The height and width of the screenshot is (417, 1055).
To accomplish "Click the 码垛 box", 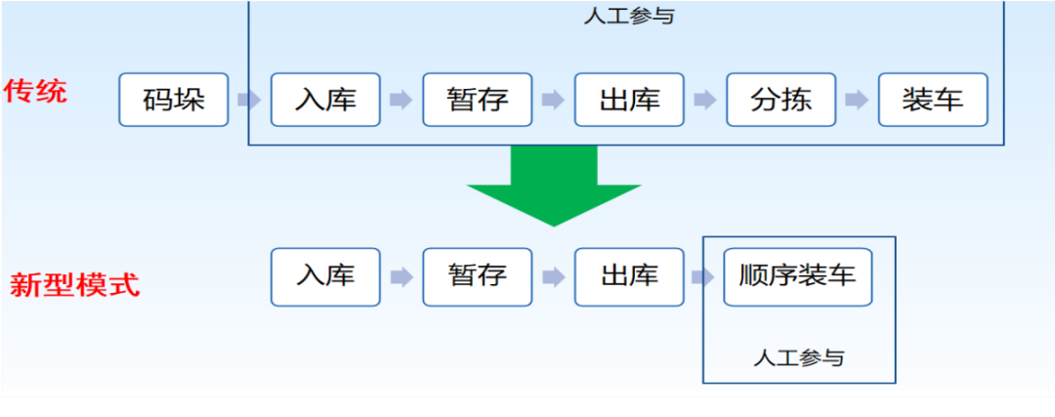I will (174, 100).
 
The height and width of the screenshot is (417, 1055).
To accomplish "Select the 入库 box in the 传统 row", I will (325, 100).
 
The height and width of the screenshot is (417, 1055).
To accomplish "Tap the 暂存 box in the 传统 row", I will (478, 100).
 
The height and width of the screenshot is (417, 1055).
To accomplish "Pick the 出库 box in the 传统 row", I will (629, 100).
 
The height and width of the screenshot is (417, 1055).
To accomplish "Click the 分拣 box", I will (781, 100).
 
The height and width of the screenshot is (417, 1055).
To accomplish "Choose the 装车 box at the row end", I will (933, 100).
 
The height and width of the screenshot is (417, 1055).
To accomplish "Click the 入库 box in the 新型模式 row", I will (325, 276).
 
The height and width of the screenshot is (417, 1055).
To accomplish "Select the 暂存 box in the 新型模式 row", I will (478, 276).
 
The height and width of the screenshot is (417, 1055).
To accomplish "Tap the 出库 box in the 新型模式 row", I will (629, 276).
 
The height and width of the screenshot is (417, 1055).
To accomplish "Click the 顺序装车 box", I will (797, 276).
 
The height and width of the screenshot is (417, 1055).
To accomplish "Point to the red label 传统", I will (36, 93).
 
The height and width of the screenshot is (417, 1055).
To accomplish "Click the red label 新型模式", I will (74, 286).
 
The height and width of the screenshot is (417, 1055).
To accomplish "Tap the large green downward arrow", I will (554, 187).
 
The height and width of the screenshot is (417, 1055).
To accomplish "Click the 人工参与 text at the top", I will (628, 17).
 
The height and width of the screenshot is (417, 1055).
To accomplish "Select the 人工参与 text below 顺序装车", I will (798, 357).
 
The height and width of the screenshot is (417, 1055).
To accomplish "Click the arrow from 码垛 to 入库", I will (249, 100).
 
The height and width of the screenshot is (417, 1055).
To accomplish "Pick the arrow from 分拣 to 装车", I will (858, 100).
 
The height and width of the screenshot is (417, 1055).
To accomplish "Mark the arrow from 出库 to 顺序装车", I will (702, 277).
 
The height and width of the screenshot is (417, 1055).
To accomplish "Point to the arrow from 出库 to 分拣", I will (705, 100).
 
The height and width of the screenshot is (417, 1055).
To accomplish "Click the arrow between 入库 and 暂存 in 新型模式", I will (401, 277).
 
